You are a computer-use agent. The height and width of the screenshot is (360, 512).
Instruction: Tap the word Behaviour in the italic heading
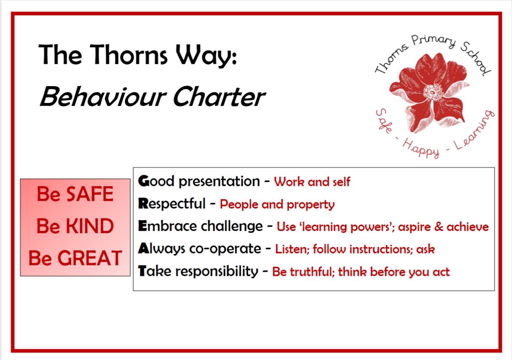tap(103, 97)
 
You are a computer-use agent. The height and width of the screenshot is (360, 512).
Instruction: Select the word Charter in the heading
tap(219, 97)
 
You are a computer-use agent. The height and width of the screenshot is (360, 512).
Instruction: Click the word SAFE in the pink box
tap(90, 194)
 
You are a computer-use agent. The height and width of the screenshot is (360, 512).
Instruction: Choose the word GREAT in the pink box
tap(89, 258)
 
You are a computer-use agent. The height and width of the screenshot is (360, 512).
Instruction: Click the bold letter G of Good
tap(144, 181)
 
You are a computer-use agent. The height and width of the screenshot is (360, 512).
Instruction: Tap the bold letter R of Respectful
tap(143, 204)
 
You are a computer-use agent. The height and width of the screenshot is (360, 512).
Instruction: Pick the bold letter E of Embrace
tap(142, 226)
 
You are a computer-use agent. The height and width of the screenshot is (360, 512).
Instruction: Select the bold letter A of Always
tap(144, 248)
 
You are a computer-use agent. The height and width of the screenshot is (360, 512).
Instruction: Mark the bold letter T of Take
tap(143, 271)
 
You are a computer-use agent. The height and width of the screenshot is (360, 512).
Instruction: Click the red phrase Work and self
tap(312, 182)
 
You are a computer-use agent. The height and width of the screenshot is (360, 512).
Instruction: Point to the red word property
tap(311, 205)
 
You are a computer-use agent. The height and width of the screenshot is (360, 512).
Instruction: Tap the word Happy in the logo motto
tap(421, 149)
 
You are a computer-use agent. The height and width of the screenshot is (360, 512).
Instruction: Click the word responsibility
tap(217, 272)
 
